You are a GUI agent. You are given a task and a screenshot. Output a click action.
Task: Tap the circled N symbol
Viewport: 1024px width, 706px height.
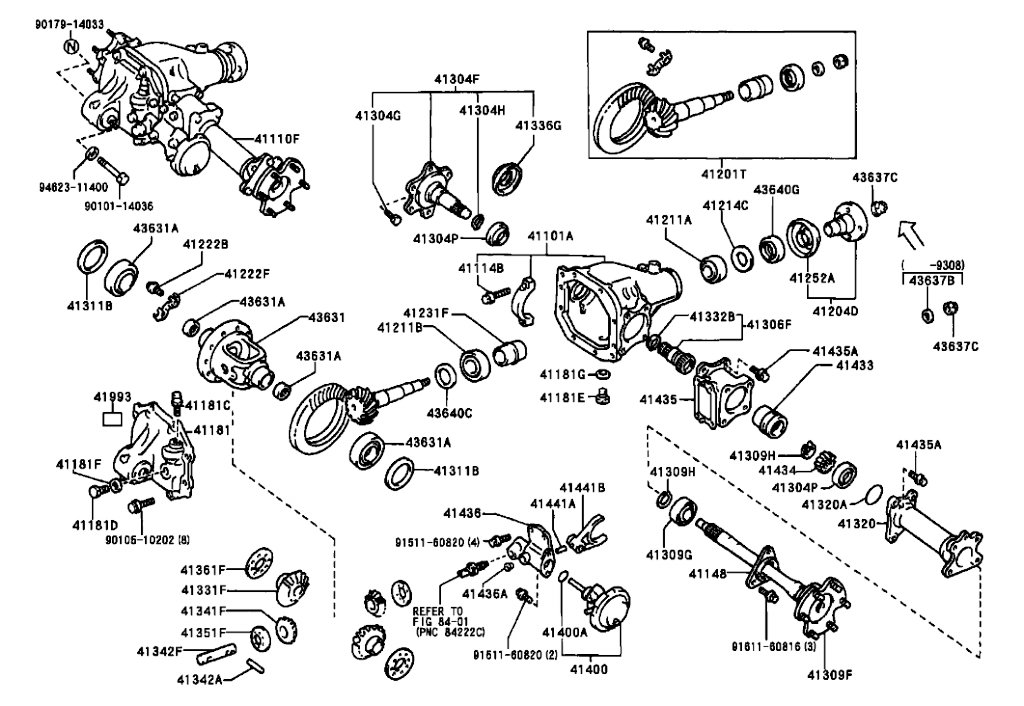pos(71,46)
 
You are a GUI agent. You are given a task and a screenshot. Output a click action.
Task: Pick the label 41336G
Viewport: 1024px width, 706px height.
pos(539,125)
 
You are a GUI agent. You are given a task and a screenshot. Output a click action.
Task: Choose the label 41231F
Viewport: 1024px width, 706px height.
pos(427,313)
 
